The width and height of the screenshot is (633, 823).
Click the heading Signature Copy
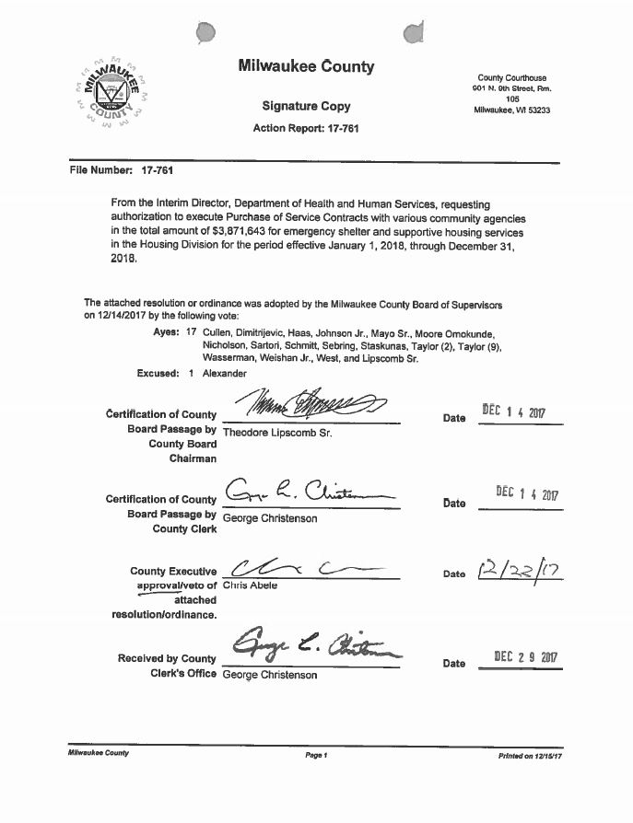click(x=306, y=107)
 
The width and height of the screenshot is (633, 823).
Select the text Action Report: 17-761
click(x=306, y=129)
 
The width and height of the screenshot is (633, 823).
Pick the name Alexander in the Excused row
click(x=225, y=374)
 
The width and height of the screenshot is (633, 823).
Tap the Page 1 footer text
click(x=315, y=754)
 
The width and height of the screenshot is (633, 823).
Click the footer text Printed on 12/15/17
click(x=530, y=754)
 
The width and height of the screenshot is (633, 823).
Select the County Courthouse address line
click(x=511, y=78)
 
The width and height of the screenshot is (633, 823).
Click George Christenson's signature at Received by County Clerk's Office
click(x=313, y=643)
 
